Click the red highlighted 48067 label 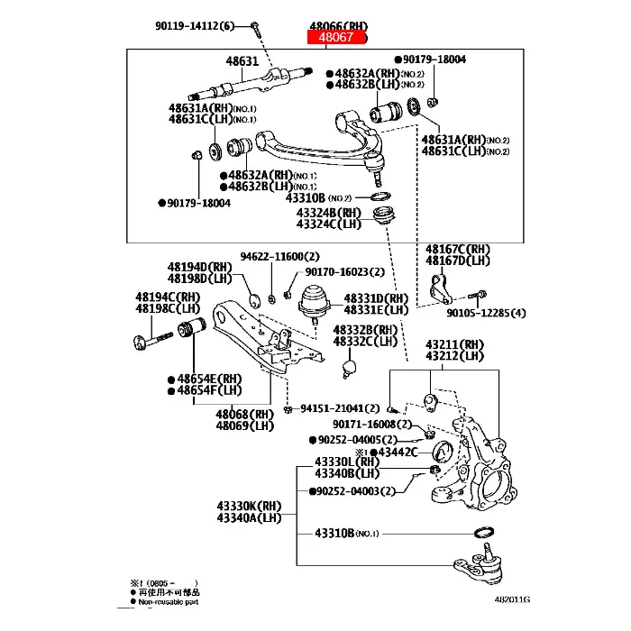[336, 38]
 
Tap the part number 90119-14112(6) [195, 25]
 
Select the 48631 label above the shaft [241, 61]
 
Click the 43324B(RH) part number [329, 212]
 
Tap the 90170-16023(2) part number [344, 271]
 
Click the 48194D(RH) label [199, 267]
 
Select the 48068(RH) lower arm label [244, 414]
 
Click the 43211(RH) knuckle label [455, 343]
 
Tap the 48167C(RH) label [458, 249]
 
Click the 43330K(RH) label [249, 506]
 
